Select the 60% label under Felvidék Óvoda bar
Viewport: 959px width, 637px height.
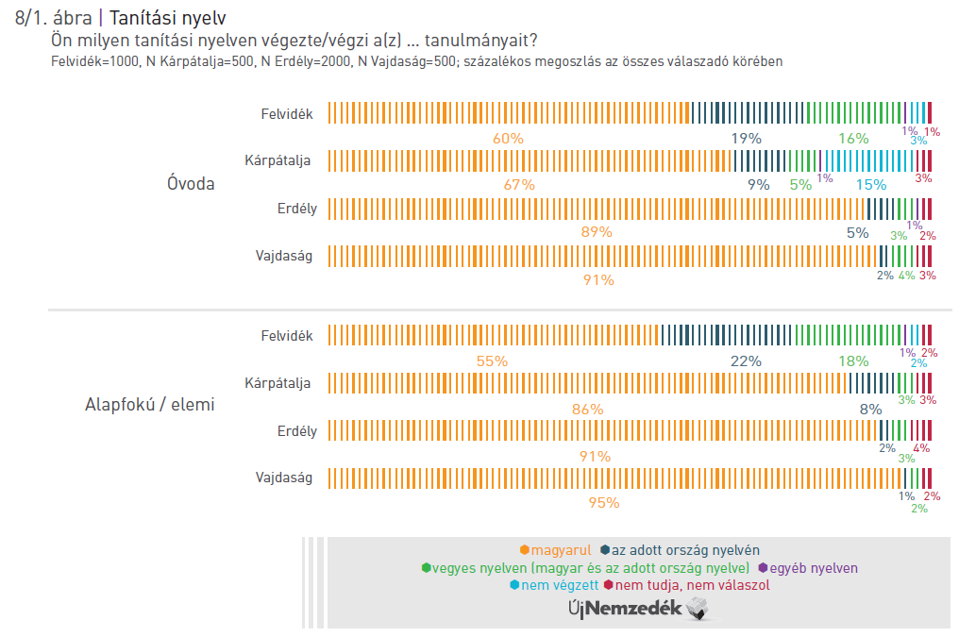click(508, 138)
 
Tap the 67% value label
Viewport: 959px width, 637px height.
click(518, 185)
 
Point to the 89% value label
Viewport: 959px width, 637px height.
click(597, 232)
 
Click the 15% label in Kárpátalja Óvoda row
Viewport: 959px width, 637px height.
click(870, 185)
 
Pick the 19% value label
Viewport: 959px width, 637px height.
click(746, 138)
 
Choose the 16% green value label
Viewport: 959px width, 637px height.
click(853, 138)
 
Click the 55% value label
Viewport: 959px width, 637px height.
click(492, 361)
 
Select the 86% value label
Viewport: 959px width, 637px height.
click(587, 409)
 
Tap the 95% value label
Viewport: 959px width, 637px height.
click(603, 503)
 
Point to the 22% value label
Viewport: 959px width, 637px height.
click(746, 361)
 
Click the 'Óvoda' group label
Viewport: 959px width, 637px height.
click(191, 183)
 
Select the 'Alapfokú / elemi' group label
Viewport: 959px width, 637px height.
click(150, 405)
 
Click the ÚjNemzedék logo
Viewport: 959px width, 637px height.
click(637, 610)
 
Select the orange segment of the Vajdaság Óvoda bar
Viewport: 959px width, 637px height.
click(602, 256)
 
